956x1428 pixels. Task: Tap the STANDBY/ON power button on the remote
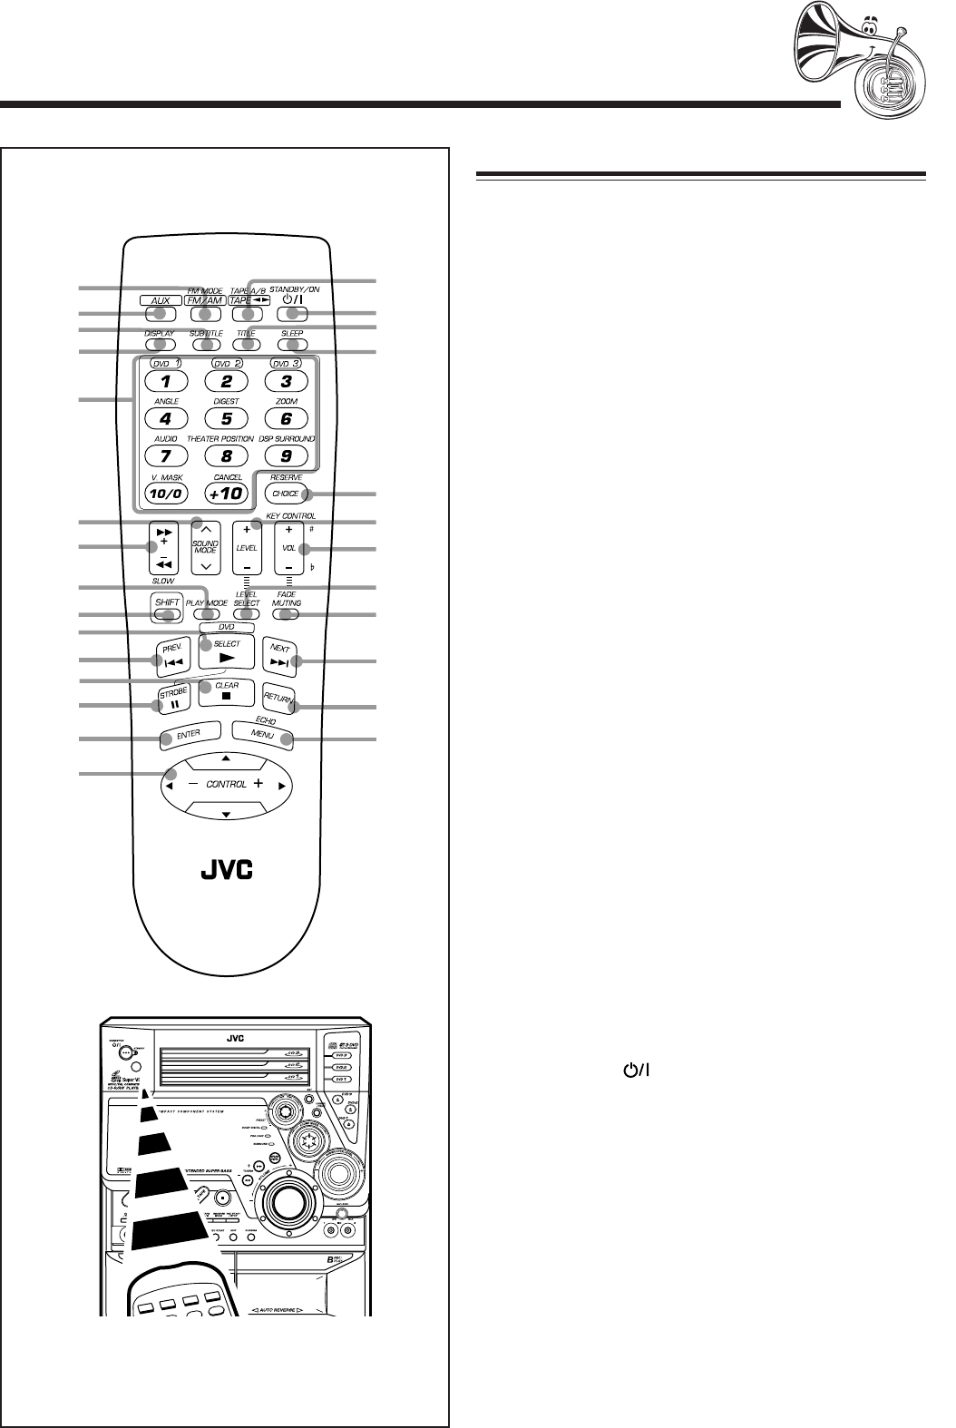coord(292,313)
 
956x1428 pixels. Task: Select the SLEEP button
coord(292,345)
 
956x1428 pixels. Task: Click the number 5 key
coord(227,418)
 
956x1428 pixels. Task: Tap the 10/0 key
coord(165,494)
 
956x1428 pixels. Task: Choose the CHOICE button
coord(287,494)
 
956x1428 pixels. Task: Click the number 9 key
coord(287,456)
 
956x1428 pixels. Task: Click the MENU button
coord(263,735)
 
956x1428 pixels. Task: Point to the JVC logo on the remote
coord(226,871)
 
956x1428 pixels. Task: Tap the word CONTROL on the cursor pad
coord(227,784)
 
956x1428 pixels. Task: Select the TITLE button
coord(246,345)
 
